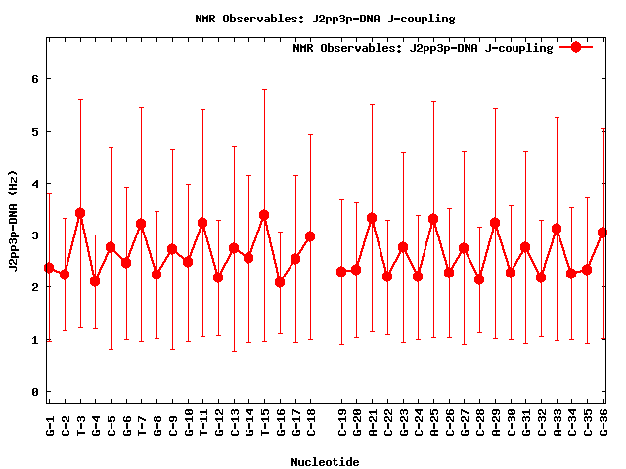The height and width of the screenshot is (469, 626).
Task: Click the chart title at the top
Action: point(313,19)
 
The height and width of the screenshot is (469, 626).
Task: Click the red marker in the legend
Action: point(576,47)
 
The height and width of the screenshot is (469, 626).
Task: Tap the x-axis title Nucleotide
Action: point(325,461)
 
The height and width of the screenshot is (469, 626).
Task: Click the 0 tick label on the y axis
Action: point(34,392)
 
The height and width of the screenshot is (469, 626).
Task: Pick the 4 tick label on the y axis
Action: point(34,183)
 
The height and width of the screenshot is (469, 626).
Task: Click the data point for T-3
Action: point(80,213)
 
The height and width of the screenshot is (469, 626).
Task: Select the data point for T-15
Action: point(264,215)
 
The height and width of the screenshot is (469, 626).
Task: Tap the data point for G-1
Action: point(49,268)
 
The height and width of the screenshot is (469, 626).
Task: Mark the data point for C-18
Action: point(310,236)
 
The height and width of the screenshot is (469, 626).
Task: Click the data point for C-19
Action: point(341,272)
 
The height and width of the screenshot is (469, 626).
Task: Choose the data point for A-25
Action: point(433,219)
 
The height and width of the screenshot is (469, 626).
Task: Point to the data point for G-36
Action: point(603,233)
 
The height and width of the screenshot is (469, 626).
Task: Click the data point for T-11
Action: point(202,223)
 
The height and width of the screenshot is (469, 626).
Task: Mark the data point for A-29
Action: point(495,223)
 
